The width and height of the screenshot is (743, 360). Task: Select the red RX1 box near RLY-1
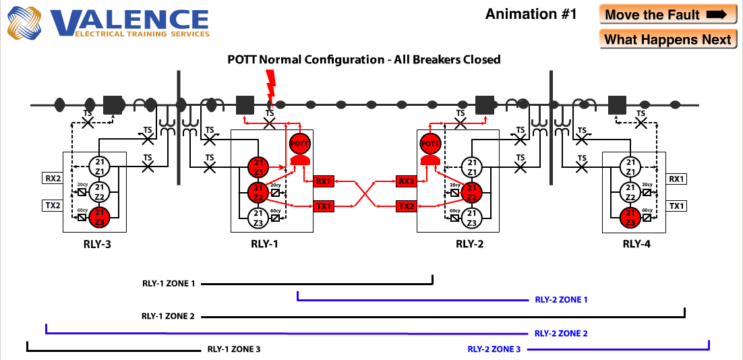point(324,181)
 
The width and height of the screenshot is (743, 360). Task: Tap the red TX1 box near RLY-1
point(324,206)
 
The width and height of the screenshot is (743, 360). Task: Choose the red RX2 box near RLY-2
point(406,181)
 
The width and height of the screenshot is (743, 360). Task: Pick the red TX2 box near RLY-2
point(406,206)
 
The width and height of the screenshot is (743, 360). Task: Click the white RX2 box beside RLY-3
point(53,179)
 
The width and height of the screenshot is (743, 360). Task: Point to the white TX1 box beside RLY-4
point(677,206)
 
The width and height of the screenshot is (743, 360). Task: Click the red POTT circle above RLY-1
point(299,144)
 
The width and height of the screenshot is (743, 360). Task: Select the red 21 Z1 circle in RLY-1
point(258,167)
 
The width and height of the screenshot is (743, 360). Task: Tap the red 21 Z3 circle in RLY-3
point(99,216)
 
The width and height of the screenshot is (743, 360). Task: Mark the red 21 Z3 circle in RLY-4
point(630,217)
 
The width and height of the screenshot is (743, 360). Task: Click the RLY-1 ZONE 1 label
point(169,284)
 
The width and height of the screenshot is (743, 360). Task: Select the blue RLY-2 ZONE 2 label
point(561,333)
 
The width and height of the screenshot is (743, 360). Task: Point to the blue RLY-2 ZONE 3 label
point(494,349)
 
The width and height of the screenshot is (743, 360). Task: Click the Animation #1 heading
point(531,14)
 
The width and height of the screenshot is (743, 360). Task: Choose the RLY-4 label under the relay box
point(636,244)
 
